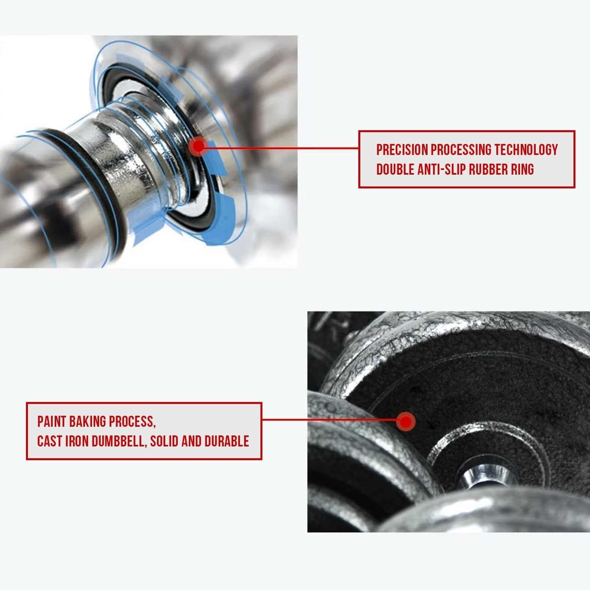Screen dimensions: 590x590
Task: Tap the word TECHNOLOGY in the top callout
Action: pyautogui.click(x=526, y=149)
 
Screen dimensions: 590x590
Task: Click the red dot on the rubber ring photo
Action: pyautogui.click(x=199, y=146)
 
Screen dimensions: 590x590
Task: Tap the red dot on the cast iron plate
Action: pyautogui.click(x=406, y=422)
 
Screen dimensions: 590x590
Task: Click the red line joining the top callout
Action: pyautogui.click(x=279, y=148)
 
